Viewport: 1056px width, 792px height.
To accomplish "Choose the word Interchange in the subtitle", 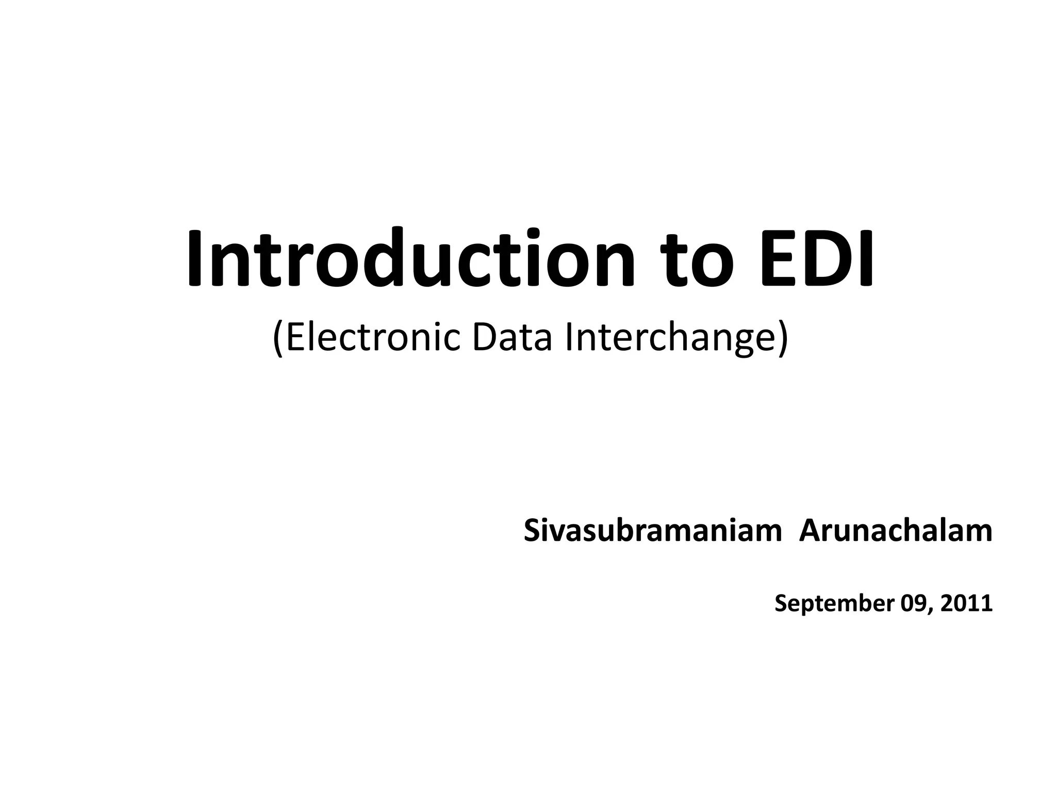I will (670, 338).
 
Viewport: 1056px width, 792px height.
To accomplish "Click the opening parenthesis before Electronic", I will (278, 339).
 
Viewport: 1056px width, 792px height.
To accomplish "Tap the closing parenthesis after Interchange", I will (783, 339).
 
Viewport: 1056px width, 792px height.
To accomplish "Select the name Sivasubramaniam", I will (653, 531).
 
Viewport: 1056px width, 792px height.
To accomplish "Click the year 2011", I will (967, 603).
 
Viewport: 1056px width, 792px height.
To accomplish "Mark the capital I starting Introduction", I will (194, 258).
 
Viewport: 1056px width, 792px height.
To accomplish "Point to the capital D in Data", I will (484, 337).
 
